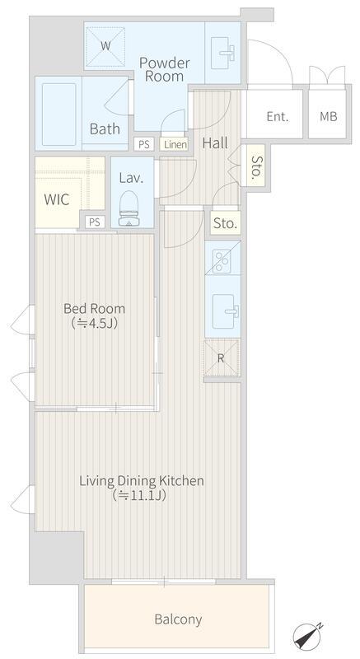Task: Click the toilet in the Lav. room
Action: [x=129, y=209]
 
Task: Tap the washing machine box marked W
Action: [x=105, y=46]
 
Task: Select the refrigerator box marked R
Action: [x=222, y=358]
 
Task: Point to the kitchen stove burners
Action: [x=222, y=261]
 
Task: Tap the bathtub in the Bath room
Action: [x=58, y=115]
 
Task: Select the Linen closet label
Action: [x=175, y=145]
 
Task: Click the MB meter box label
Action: [x=329, y=116]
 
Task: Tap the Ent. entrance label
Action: [x=278, y=116]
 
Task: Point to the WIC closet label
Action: [x=57, y=199]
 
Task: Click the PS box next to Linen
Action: [x=144, y=145]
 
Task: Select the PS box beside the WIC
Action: [x=95, y=222]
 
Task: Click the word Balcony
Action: [x=178, y=619]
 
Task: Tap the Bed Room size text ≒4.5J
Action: [x=94, y=324]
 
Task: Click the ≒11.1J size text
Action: [x=139, y=496]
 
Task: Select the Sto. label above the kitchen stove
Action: [x=226, y=223]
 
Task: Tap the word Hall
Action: [x=215, y=143]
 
